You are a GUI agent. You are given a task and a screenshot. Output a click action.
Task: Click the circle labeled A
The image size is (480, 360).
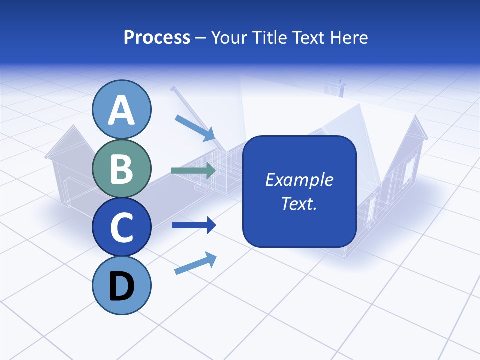pos(122,109)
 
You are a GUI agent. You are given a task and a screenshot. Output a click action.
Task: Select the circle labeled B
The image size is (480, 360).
pos(122,169)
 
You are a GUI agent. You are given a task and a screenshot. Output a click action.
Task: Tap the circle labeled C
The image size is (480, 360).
pos(122,227)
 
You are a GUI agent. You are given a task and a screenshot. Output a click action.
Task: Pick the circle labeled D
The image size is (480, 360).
pos(122,286)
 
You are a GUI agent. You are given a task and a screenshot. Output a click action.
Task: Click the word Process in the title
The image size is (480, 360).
pos(157,37)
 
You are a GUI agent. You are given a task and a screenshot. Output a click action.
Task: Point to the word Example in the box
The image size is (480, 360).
pos(299,180)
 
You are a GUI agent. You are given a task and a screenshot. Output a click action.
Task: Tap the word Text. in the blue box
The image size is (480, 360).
pos(299,203)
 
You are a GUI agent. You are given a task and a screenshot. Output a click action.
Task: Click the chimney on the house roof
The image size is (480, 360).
pos(334,88)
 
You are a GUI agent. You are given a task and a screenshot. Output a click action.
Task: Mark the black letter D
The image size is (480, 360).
pos(122,287)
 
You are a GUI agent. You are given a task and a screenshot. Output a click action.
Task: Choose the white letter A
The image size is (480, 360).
pos(122,110)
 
